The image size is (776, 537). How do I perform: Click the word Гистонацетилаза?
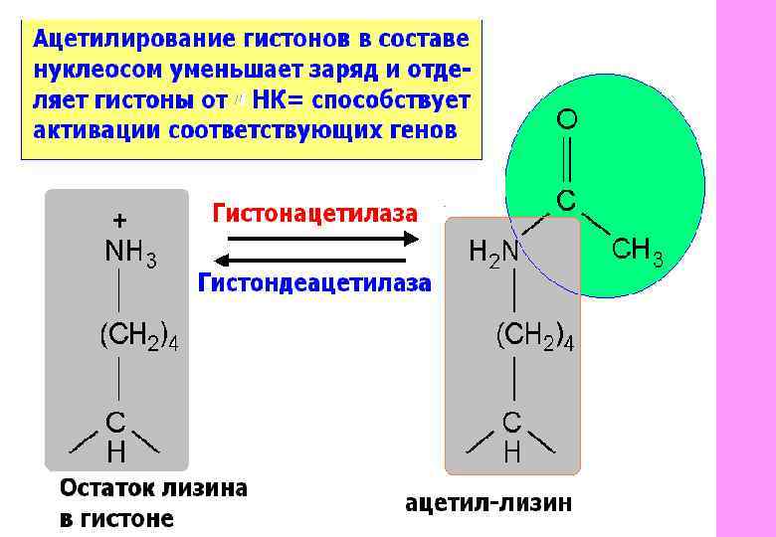tap(314, 212)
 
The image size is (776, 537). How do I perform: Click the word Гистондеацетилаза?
tap(314, 283)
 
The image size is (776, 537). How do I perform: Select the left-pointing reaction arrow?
tap(318, 260)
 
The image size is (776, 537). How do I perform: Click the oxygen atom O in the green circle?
tap(565, 120)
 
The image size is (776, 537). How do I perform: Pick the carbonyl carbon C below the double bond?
tap(564, 199)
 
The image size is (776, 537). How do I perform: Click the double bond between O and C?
tap(565, 159)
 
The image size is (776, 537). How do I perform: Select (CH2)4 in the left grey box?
tap(137, 337)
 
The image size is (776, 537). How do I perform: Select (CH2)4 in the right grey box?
tap(534, 337)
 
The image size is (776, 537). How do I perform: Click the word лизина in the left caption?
tap(205, 488)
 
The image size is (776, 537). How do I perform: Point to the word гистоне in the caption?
tap(130, 518)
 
